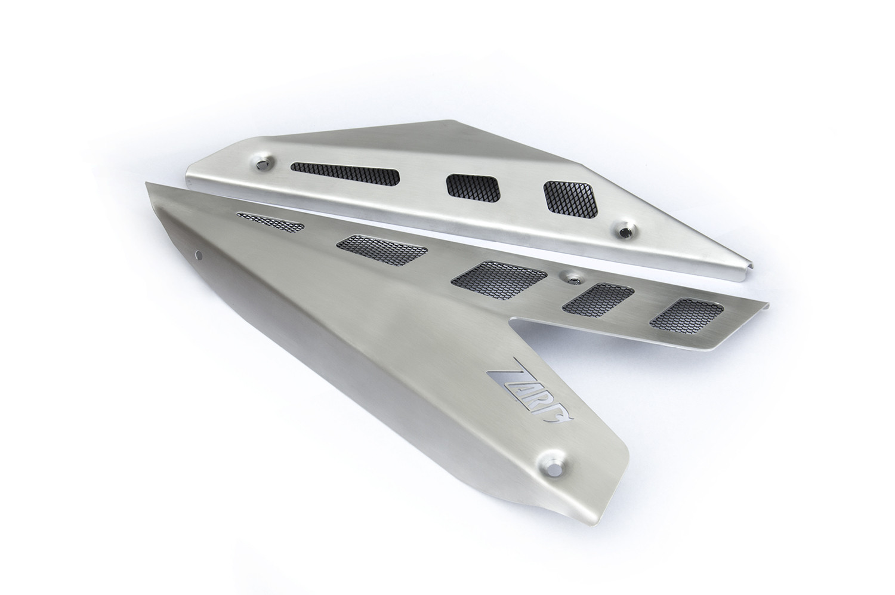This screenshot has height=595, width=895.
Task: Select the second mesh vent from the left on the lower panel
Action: pyautogui.click(x=382, y=249)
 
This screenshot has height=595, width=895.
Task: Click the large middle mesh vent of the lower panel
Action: pyautogui.click(x=499, y=280)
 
